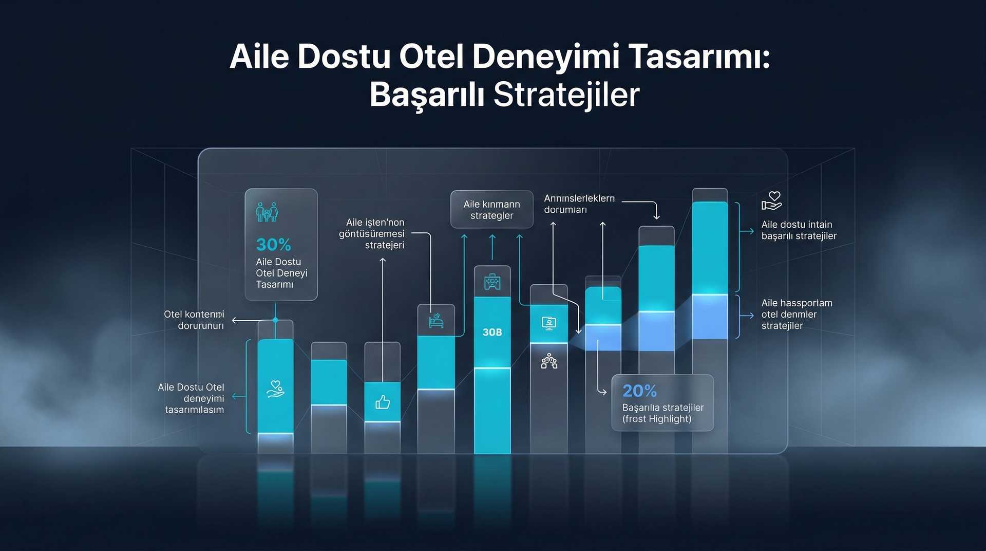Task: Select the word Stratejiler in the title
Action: click(x=566, y=95)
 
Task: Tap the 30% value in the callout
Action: click(x=273, y=244)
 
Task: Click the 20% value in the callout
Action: click(x=639, y=391)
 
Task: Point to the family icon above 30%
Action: click(x=267, y=212)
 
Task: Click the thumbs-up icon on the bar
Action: click(x=383, y=402)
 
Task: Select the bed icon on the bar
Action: click(x=436, y=321)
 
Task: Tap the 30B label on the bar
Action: click(x=492, y=332)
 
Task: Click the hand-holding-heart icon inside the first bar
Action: click(x=276, y=389)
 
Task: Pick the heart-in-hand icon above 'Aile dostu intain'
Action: click(x=771, y=201)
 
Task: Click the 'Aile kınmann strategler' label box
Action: click(x=491, y=210)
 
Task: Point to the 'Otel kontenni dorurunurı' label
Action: click(x=194, y=320)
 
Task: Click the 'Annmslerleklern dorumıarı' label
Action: click(x=579, y=204)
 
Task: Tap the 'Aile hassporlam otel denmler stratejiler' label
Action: click(x=797, y=314)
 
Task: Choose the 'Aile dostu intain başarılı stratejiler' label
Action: click(x=799, y=230)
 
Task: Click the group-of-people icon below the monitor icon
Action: click(x=549, y=361)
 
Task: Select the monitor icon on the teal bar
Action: click(x=549, y=323)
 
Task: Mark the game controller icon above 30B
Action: click(x=492, y=282)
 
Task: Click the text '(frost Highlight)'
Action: click(x=657, y=419)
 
